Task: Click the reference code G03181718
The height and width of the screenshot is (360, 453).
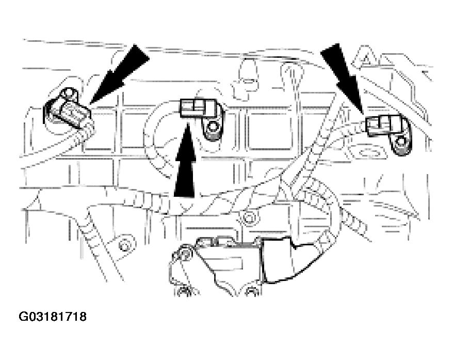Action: (x=53, y=316)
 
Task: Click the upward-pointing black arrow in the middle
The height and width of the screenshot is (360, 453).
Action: (x=185, y=165)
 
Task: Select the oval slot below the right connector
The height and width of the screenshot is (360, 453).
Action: (x=368, y=153)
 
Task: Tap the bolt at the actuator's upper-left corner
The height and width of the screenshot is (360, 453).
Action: (x=184, y=253)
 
